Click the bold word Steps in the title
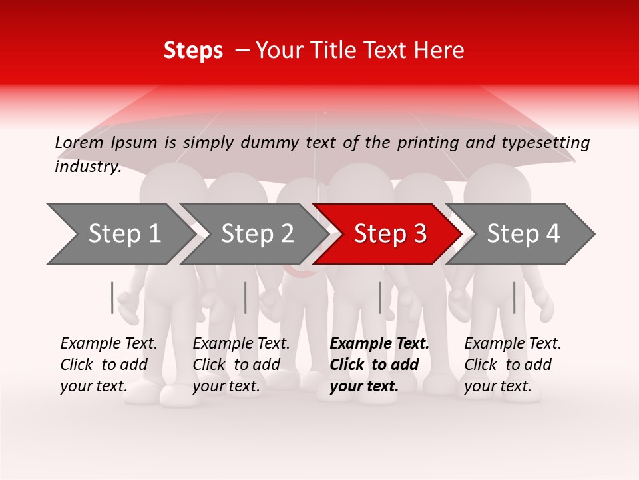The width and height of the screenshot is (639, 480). (x=193, y=51)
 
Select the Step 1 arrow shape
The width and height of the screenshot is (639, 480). (x=120, y=234)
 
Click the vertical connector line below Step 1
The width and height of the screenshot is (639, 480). (x=112, y=297)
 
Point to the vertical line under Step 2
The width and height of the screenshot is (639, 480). (x=246, y=297)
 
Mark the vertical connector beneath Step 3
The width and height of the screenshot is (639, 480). (x=379, y=297)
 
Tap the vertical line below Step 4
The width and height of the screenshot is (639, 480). (x=514, y=297)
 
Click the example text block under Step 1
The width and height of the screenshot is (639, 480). (x=108, y=365)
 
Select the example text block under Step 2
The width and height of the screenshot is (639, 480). (x=241, y=365)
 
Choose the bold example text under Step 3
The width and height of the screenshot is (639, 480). (x=379, y=365)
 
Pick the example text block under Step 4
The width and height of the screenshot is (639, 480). (x=513, y=365)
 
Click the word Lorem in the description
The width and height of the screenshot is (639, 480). (x=79, y=143)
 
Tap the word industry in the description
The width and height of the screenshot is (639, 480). (x=87, y=167)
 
